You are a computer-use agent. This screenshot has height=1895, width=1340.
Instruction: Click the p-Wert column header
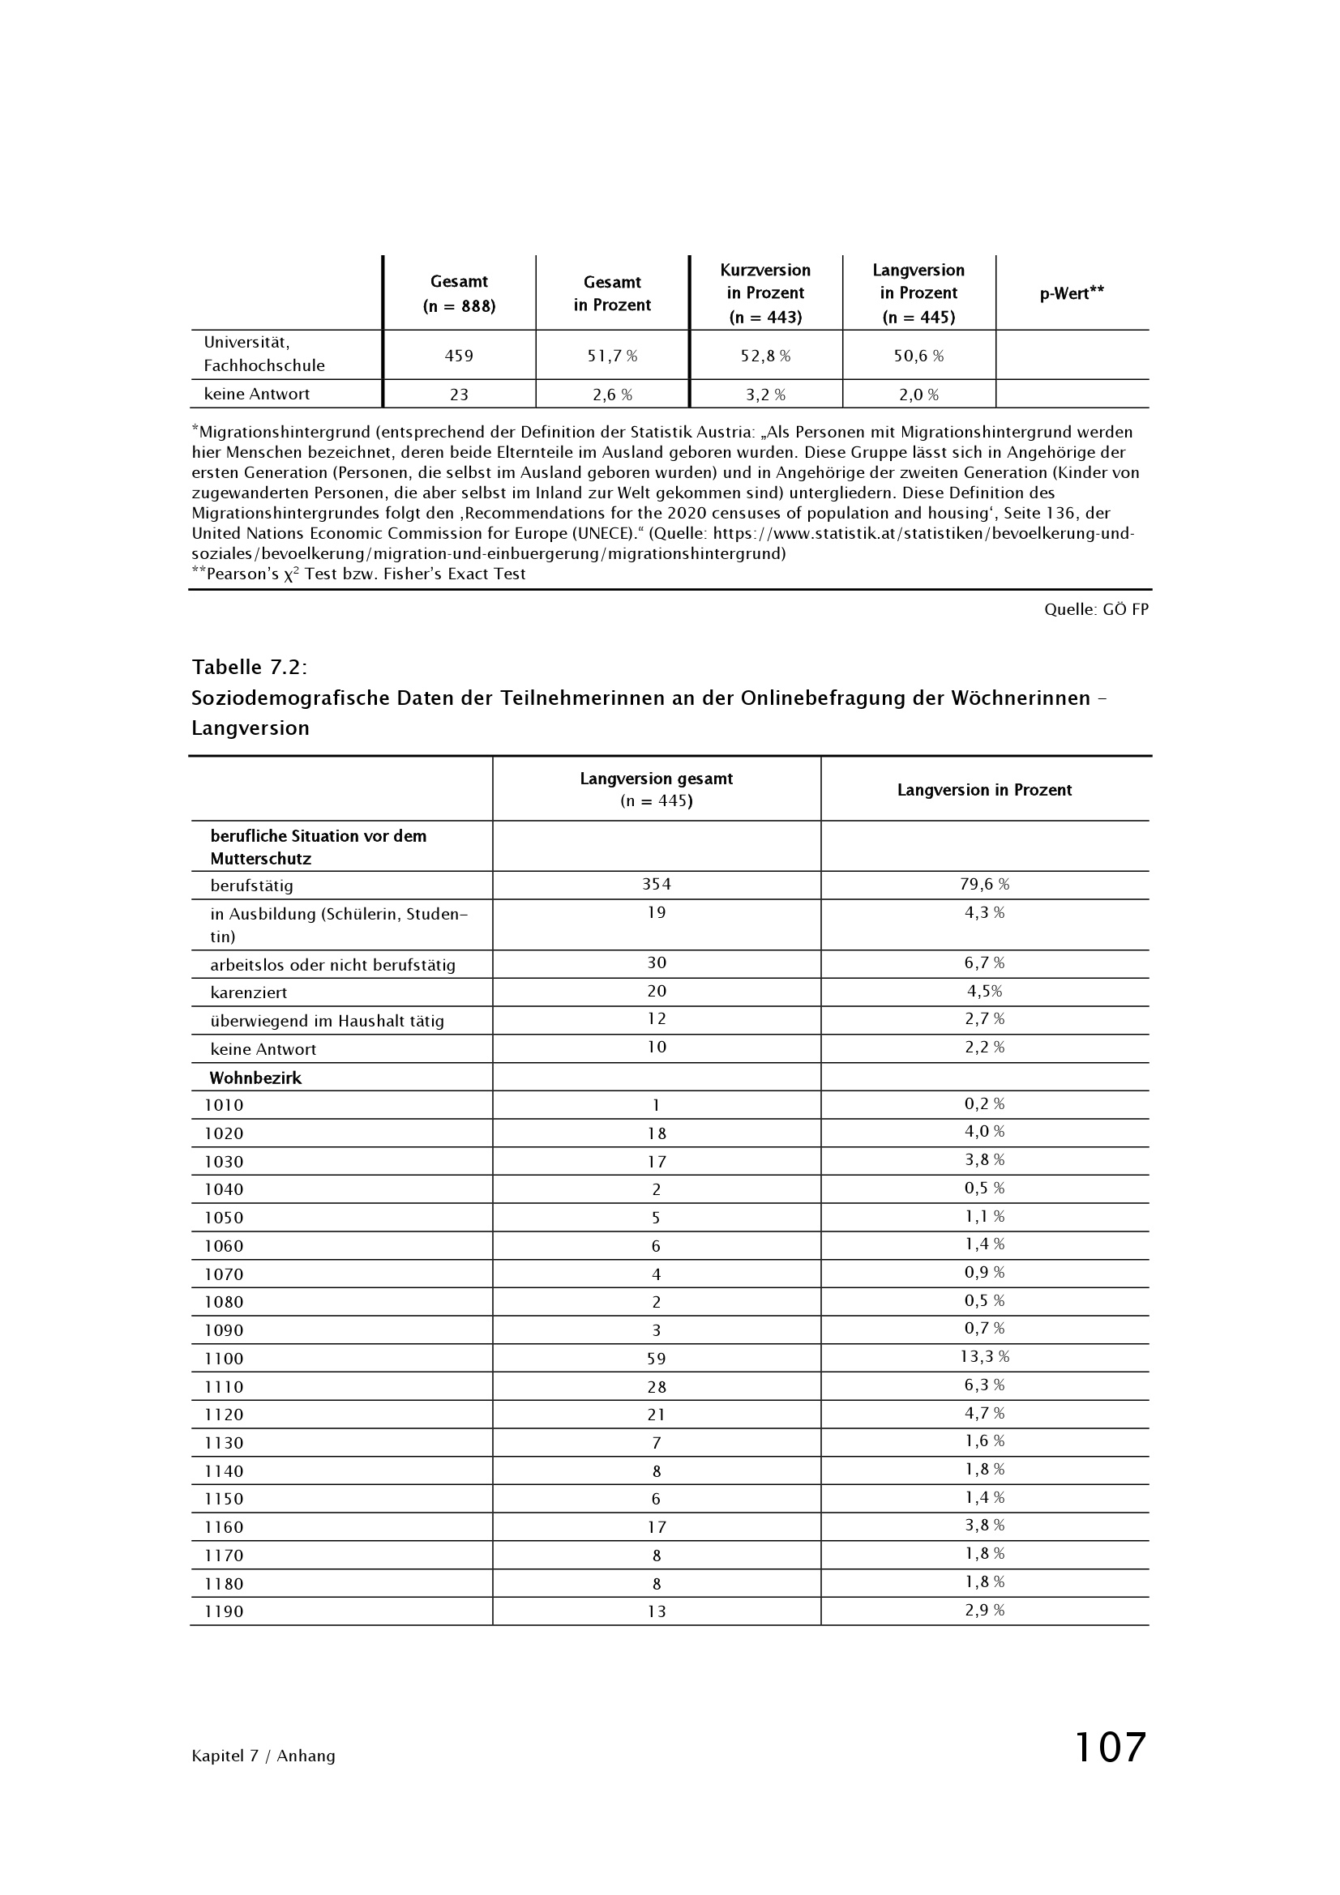tap(1071, 293)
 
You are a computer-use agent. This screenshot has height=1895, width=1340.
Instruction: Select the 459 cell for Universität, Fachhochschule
tap(459, 356)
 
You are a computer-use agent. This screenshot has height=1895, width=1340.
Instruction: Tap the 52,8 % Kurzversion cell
tap(765, 356)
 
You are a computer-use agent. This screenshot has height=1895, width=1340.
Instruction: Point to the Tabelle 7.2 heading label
tap(250, 666)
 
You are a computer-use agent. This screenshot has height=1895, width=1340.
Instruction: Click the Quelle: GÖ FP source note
tap(1096, 609)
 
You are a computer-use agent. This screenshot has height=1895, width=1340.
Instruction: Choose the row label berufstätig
tap(252, 886)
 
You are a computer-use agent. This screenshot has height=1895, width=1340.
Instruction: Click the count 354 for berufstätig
tap(657, 884)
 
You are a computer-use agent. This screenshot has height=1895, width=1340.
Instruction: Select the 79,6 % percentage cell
tap(984, 884)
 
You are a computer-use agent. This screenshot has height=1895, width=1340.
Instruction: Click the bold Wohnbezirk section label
tap(255, 1078)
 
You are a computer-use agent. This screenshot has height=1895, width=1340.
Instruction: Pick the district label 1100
tap(224, 1359)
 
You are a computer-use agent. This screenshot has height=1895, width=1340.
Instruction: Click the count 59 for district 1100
tap(657, 1359)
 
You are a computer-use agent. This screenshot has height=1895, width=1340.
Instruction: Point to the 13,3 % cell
tap(984, 1356)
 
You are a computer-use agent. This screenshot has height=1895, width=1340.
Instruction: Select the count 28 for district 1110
tap(657, 1386)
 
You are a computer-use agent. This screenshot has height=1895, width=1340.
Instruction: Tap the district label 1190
tap(224, 1611)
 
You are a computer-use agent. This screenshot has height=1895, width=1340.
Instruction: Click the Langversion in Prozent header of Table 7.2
tap(984, 790)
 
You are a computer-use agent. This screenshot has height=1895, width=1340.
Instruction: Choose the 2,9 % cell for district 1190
tap(984, 1610)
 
